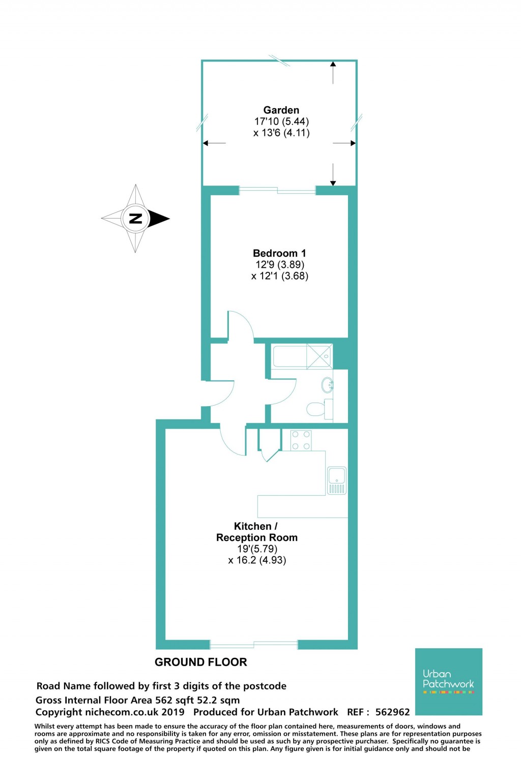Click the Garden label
[x=281, y=110]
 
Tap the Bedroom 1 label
[x=279, y=253]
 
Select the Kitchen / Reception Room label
[x=256, y=532]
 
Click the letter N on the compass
[x=135, y=219]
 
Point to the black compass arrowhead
[x=160, y=219]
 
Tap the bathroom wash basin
[x=327, y=385]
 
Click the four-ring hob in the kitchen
[x=301, y=440]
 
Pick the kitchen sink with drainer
[x=337, y=480]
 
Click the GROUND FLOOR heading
[x=200, y=662]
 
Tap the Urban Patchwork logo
[x=448, y=681]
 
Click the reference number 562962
[x=392, y=712]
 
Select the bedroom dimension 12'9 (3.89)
[x=280, y=264]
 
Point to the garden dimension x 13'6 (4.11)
[x=281, y=133]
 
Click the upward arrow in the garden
[x=333, y=71]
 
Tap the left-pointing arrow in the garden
[x=214, y=143]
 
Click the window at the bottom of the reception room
[x=254, y=645]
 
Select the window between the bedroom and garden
[x=277, y=191]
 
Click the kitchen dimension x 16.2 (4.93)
[x=257, y=560]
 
